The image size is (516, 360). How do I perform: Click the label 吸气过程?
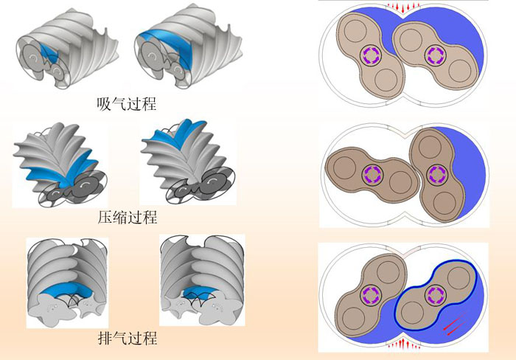click(127, 103)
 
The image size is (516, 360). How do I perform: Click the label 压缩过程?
click(127, 218)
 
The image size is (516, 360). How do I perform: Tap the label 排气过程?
click(127, 339)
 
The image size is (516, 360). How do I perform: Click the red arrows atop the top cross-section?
click(404, 8)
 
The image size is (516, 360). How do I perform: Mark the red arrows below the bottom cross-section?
click(403, 343)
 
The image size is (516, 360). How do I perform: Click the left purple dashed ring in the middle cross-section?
click(372, 175)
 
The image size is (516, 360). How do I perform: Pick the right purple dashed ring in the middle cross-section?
click(436, 174)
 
